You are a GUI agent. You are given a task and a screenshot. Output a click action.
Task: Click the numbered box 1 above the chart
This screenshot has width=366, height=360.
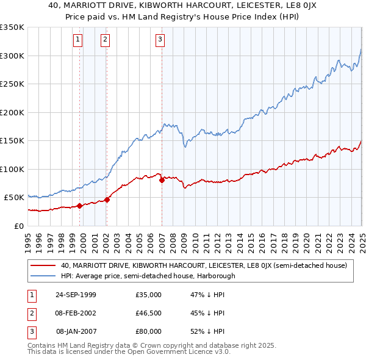[79, 40]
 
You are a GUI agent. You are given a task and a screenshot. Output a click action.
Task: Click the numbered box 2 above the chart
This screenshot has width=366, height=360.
[106, 40]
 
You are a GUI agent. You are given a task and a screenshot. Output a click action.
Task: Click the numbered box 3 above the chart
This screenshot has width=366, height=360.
[160, 40]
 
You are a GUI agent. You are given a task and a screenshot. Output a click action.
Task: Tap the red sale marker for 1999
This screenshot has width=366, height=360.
[80, 206]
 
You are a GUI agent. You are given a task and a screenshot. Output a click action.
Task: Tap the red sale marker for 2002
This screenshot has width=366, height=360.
[107, 199]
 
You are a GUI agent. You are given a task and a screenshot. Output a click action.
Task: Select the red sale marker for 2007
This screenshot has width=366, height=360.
[162, 180]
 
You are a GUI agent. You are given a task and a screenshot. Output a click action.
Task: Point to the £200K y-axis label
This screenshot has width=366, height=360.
[12, 112]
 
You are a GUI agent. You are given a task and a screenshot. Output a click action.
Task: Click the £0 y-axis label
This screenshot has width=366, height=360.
[17, 226]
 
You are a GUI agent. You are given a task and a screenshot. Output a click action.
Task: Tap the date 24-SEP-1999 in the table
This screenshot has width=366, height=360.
[77, 295]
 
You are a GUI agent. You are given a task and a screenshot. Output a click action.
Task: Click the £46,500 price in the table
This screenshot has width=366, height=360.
[149, 313]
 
